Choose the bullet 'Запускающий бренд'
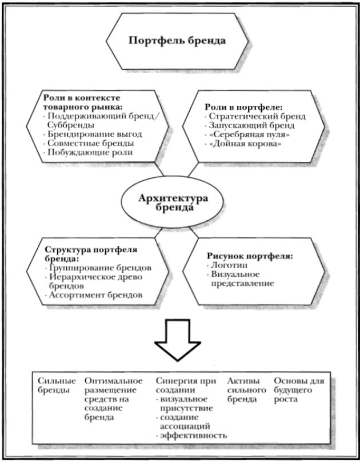[x=243, y=125]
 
